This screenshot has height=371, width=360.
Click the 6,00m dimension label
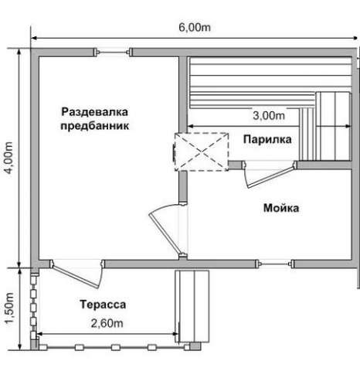point(195,27)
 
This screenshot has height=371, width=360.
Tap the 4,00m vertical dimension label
point(9,158)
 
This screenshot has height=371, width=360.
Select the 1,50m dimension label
point(9,308)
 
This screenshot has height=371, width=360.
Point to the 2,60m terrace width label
point(107,323)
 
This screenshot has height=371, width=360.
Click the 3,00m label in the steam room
point(269,115)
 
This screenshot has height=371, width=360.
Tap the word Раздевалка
point(94,112)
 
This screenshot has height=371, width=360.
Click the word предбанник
point(94,126)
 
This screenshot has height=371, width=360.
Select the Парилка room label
point(267,139)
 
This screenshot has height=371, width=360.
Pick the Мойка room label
point(281,208)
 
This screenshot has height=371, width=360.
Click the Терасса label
point(103,305)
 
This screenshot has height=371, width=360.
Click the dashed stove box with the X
point(202,151)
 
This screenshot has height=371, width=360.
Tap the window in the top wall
point(113,52)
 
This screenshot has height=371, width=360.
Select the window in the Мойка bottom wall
point(275,264)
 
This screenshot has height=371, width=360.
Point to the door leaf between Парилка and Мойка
point(270,176)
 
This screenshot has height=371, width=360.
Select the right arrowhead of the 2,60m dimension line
point(176,334)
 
